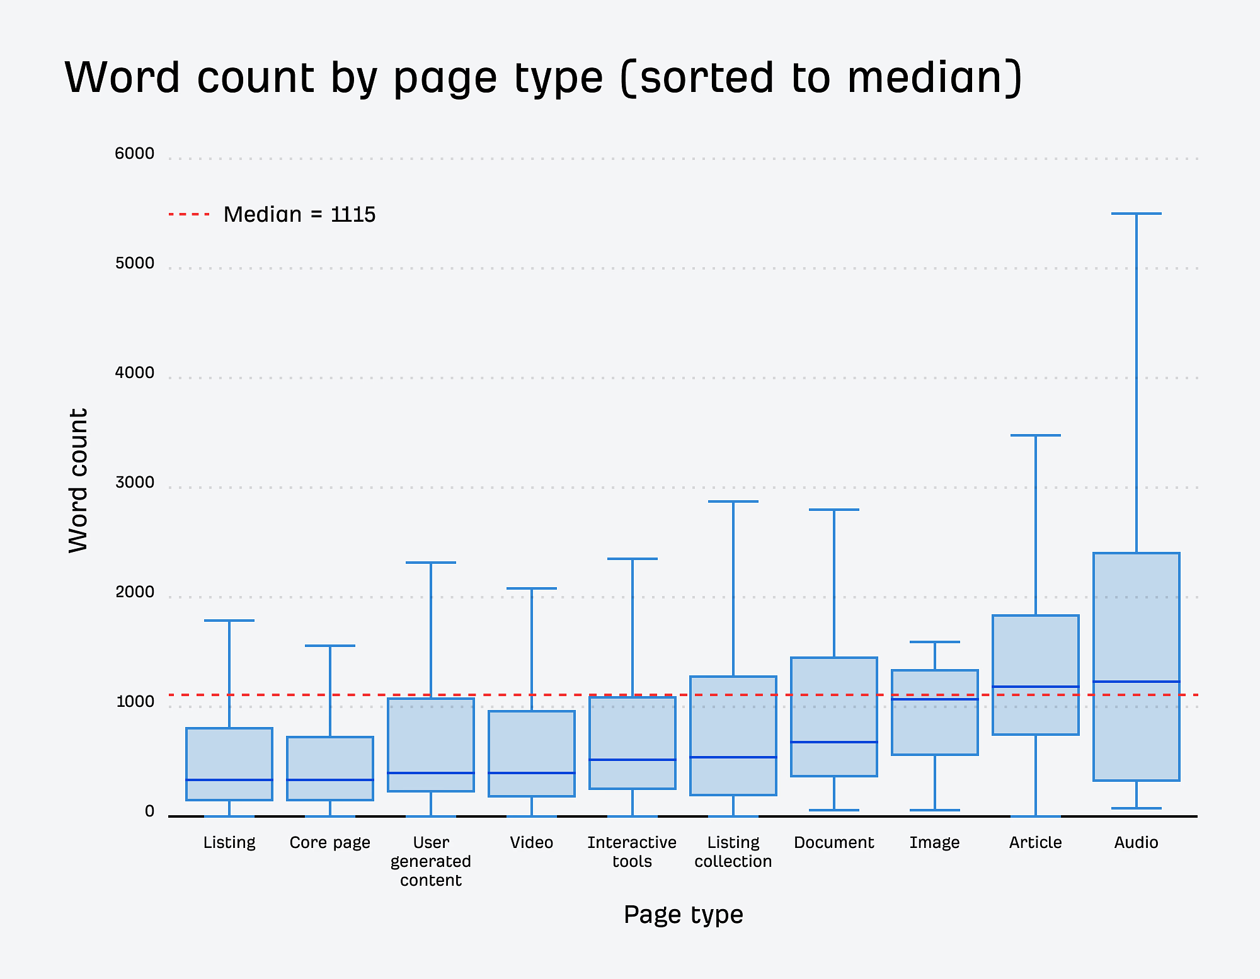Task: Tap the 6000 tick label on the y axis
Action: point(134,154)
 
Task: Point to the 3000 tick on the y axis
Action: point(134,483)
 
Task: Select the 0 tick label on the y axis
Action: point(149,811)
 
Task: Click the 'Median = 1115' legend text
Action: point(299,215)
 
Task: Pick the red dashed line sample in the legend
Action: point(189,215)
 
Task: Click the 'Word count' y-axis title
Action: point(78,480)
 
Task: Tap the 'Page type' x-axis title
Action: point(683,914)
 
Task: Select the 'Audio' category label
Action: point(1136,842)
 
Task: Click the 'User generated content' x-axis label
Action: point(431,861)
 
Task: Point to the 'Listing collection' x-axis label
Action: point(733,852)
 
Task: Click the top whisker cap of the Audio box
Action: point(1136,214)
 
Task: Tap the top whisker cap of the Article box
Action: point(1035,435)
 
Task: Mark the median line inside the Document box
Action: point(833,742)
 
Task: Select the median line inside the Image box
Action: point(934,699)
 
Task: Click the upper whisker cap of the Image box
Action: point(934,642)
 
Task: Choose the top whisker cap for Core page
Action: point(329,646)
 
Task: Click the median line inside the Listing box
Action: point(229,780)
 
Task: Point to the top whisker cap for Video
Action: point(531,588)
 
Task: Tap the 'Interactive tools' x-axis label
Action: point(632,852)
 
